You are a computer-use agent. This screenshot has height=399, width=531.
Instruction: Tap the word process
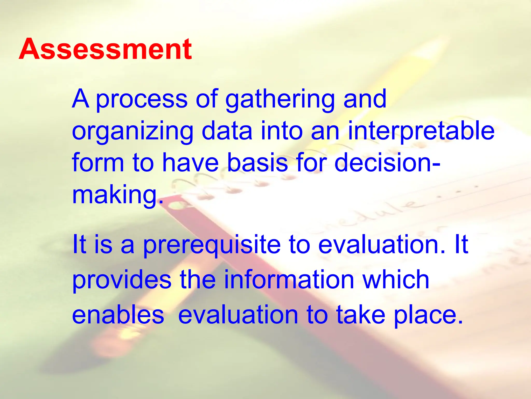click(x=142, y=99)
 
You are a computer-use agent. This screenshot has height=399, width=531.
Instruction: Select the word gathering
click(x=280, y=99)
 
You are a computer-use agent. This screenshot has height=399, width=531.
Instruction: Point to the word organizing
click(x=132, y=131)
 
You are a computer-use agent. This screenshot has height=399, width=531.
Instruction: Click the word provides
click(x=122, y=280)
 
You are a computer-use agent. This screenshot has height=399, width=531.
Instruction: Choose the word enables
click(x=118, y=315)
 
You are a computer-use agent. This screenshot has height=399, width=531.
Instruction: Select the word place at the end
click(x=428, y=315)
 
